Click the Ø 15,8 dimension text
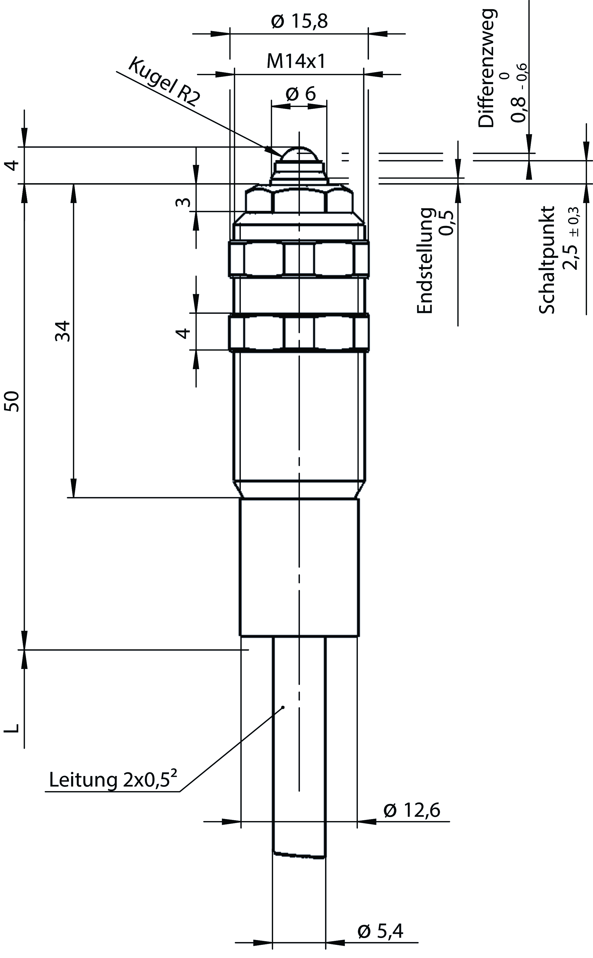(299, 22)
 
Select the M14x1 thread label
(296, 62)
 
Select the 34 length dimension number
(62, 331)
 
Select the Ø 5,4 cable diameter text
(380, 931)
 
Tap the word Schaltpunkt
(547, 260)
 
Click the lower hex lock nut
(299, 332)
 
